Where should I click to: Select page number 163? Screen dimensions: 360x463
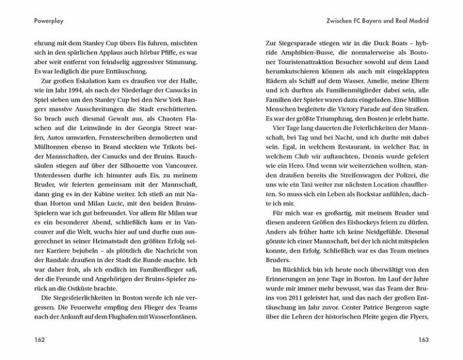(422, 340)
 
